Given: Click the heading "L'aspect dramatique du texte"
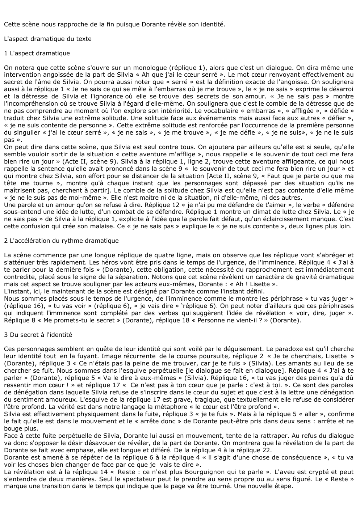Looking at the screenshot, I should point(48,39).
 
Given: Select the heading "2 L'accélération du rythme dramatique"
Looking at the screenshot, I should point(61,241).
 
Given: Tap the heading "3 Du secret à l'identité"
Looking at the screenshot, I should point(38,335).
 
